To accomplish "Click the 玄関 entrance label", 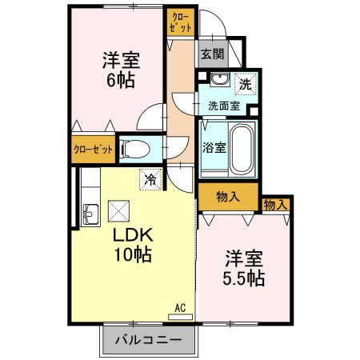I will click(211, 55).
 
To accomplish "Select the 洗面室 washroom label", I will click(224, 106).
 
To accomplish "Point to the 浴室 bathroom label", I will click(214, 148).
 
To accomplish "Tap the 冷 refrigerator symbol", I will click(149, 180).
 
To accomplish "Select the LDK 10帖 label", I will click(131, 245).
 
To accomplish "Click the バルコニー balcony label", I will click(147, 338).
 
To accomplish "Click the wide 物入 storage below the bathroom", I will click(228, 196).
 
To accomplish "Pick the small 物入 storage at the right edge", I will click(275, 205).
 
